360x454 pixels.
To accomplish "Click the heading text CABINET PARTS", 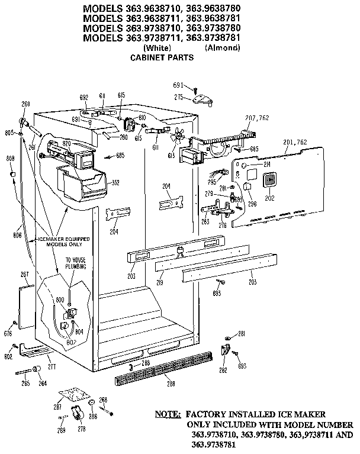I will [x=162, y=59].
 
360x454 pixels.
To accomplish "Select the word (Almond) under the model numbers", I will [x=222, y=49].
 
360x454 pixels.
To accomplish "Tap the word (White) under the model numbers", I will [x=157, y=49].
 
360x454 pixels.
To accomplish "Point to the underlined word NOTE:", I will [x=168, y=415].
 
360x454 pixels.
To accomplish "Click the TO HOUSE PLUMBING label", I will [x=75, y=263].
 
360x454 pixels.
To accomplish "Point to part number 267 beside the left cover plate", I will [x=24, y=273].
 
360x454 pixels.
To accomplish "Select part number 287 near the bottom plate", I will [x=57, y=407].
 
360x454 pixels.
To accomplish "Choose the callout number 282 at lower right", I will [x=223, y=370].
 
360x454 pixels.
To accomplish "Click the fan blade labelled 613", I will [x=175, y=138].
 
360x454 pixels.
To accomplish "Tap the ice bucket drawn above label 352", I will [x=80, y=184].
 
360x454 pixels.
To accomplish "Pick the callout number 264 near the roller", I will [x=42, y=384].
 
